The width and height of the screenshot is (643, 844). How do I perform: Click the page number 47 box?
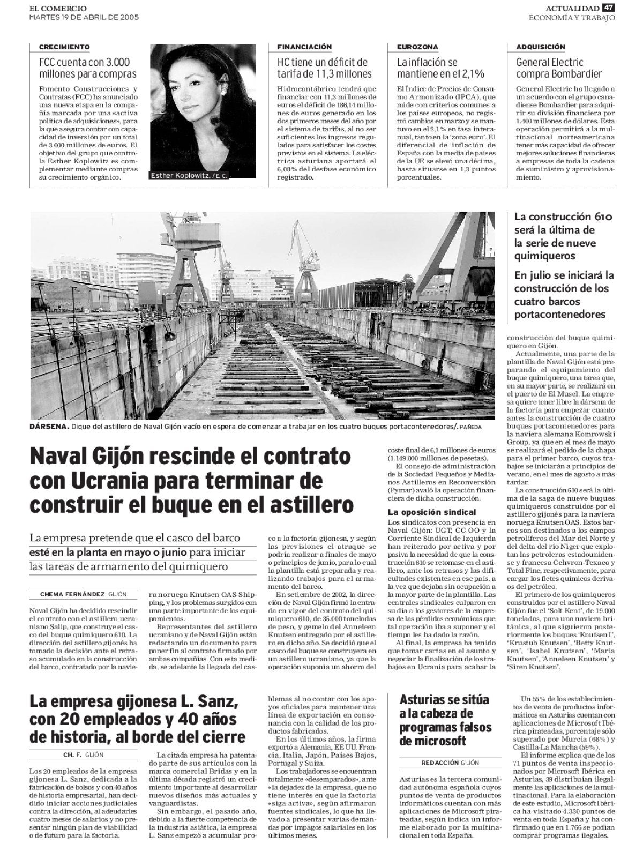point(608,8)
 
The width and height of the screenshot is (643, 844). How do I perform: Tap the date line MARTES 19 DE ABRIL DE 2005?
point(84,17)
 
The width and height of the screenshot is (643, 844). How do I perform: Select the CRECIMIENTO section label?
point(64,48)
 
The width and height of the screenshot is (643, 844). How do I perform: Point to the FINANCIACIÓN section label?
point(304,48)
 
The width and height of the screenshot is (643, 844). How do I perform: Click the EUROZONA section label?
point(417,48)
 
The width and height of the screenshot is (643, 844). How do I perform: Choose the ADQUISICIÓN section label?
point(541,48)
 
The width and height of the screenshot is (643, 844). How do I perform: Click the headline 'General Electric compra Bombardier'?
point(558,68)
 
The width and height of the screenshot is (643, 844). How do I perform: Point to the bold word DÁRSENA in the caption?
point(50,427)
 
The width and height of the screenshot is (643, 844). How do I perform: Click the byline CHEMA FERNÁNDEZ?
point(72,594)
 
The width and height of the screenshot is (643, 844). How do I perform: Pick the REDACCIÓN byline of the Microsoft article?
point(440,763)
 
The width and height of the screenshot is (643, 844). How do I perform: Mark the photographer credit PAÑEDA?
point(470,428)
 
